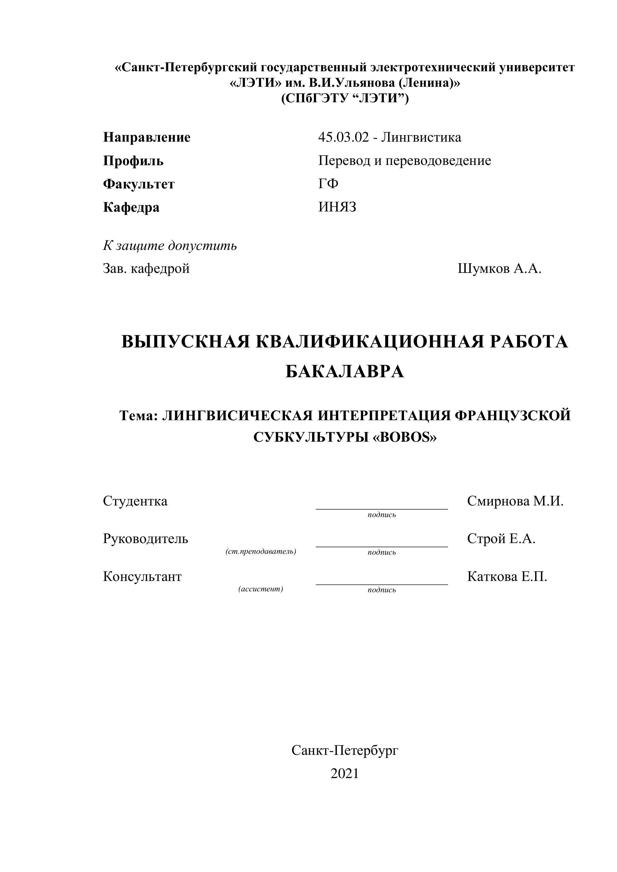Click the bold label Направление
pos(147,137)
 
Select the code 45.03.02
pos(343,137)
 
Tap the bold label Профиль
pos(133,161)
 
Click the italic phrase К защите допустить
pos(170,246)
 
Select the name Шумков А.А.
pos(500,269)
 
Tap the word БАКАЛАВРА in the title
pos(345,372)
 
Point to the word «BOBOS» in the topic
pos(405,437)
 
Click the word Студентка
pos(135,501)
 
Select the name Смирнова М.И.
pos(515,501)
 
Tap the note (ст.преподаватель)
pos(261,551)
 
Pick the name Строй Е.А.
pos(501,539)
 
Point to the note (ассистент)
pos(261,589)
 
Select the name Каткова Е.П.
pos(507,576)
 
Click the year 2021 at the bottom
pos(345,773)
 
